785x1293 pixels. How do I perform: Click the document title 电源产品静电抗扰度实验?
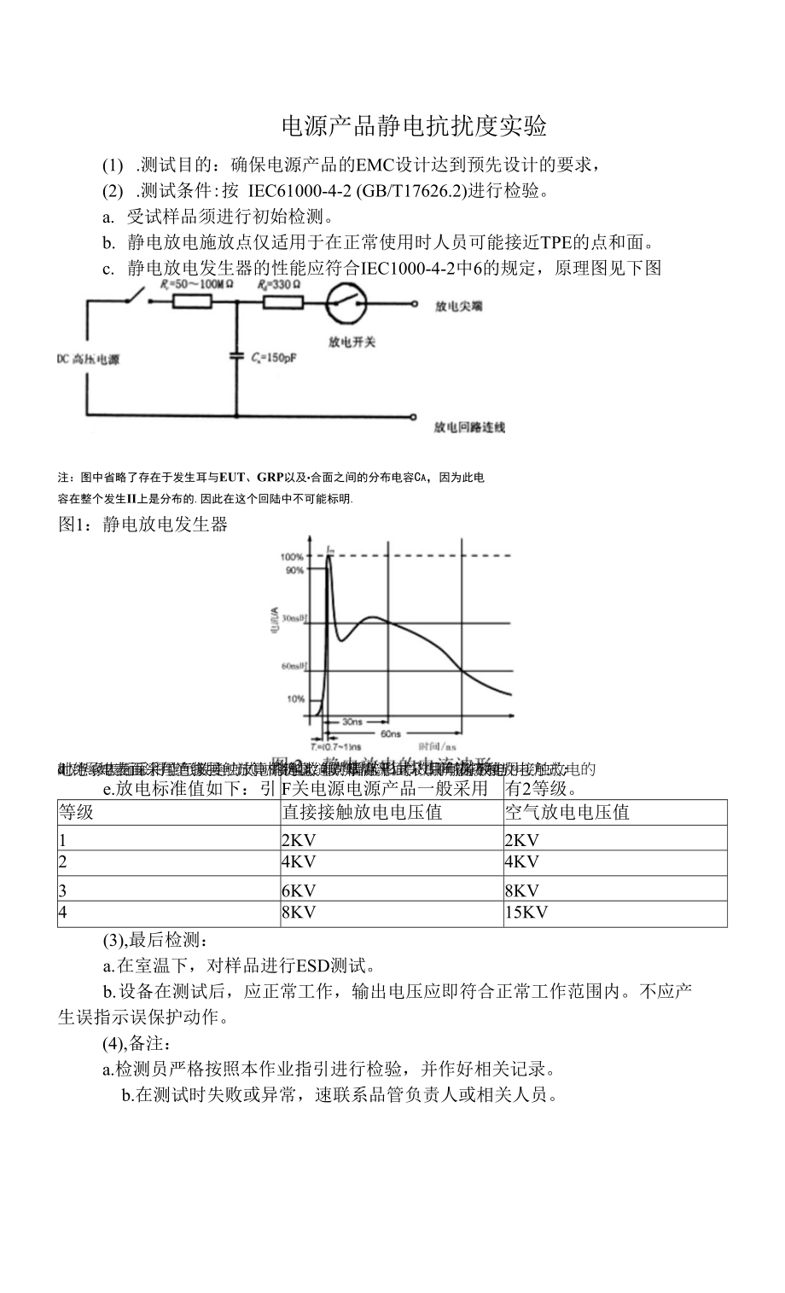(414, 127)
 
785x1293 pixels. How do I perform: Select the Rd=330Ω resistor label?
(281, 284)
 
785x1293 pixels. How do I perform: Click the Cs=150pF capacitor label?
(274, 359)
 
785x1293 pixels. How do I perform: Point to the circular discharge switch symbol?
(346, 303)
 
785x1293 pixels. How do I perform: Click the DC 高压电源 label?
(89, 359)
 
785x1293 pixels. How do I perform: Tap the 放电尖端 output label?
(458, 304)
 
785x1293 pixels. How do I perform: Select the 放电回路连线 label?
(469, 426)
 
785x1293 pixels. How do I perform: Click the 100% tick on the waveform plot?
(292, 556)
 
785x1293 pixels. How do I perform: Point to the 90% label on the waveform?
(294, 571)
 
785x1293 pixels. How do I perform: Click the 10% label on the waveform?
(295, 699)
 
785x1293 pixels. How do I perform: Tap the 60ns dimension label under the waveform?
(391, 733)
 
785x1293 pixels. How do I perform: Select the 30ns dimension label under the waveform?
(352, 722)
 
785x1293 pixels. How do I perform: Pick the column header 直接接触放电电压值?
(362, 812)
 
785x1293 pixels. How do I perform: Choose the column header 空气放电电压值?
(567, 812)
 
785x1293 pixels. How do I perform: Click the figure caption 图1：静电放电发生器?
(143, 525)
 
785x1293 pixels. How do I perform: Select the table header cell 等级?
(76, 812)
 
